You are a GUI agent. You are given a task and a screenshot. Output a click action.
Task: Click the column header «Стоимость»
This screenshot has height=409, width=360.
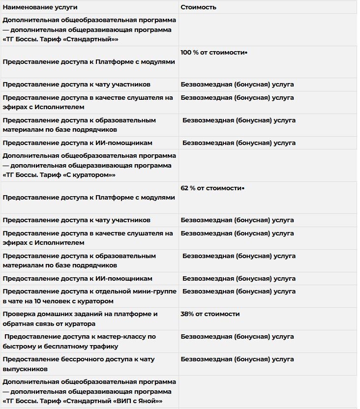pyautogui.click(x=198, y=7)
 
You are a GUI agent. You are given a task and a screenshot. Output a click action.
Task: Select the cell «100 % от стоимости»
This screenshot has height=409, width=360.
pyautogui.click(x=212, y=52)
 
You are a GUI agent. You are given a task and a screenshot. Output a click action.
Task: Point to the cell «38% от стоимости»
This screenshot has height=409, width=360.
pyautogui.click(x=210, y=314)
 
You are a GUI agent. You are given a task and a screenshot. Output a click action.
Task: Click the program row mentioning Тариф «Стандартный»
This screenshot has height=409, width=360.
pyautogui.click(x=89, y=29)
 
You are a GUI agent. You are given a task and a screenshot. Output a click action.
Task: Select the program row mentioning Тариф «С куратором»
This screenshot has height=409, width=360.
pyautogui.click(x=89, y=165)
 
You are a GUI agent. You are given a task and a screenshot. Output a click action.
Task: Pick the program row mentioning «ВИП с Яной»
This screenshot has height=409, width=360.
pyautogui.click(x=89, y=391)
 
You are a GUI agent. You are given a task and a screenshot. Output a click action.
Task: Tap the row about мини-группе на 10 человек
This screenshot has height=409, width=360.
pyautogui.click(x=89, y=296)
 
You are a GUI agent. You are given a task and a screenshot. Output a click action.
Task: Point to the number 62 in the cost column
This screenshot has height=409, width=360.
pyautogui.click(x=185, y=188)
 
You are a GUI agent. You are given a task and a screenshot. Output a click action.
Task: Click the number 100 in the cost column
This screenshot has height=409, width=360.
pyautogui.click(x=186, y=52)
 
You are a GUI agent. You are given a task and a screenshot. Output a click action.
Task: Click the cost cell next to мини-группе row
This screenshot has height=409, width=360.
pyautogui.click(x=239, y=291)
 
